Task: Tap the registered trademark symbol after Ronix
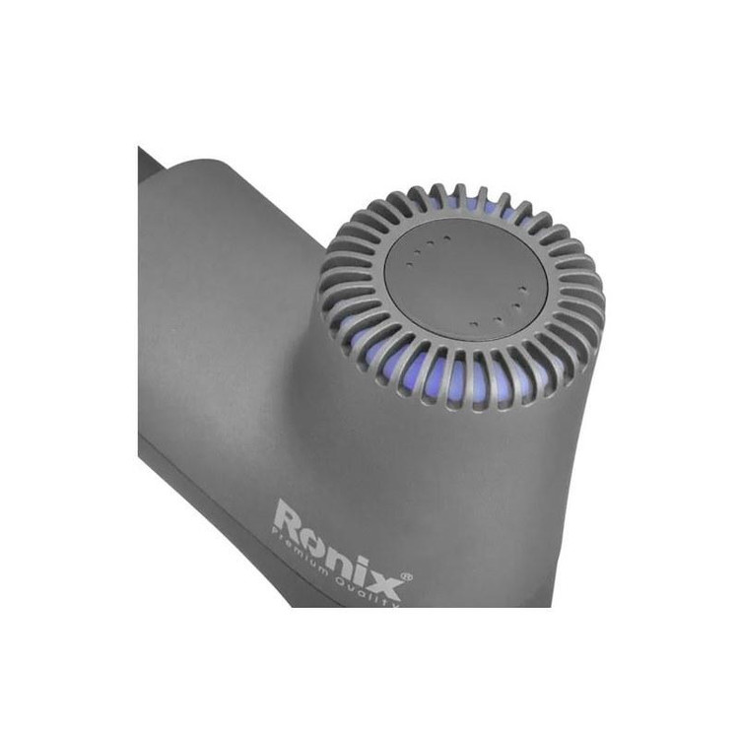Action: coord(407,576)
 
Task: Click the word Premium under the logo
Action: coord(301,551)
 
